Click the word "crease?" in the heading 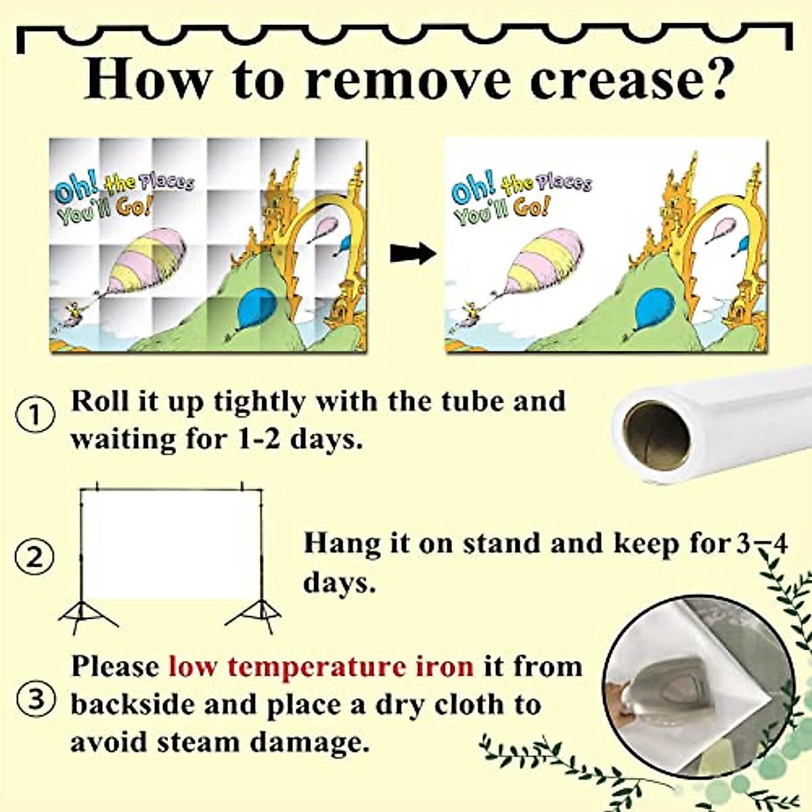pos(630,79)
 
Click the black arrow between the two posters pos(412,254)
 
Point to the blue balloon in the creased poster pos(258,308)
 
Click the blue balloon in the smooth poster pos(656,308)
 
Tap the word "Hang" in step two pos(336,543)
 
